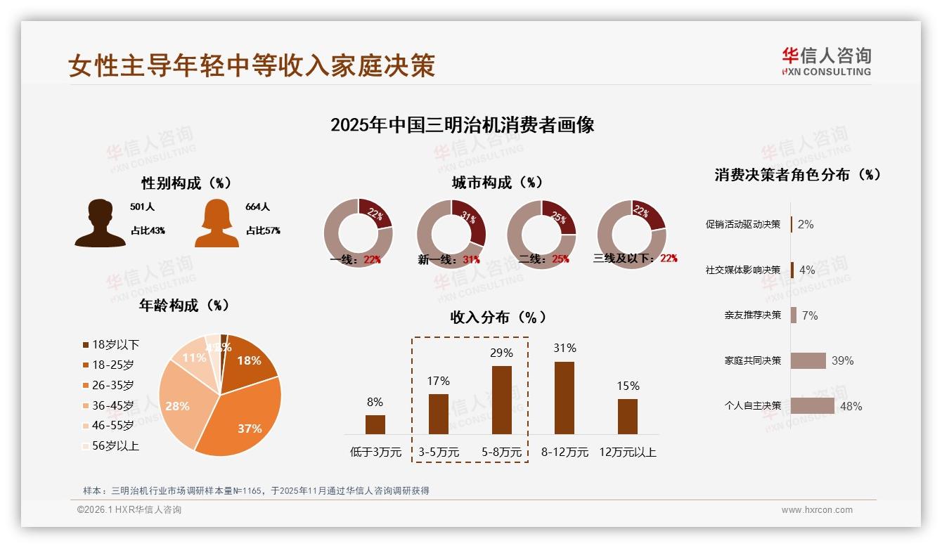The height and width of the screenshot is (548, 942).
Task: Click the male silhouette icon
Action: (x=101, y=223)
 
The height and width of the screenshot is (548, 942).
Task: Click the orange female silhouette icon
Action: (x=217, y=223)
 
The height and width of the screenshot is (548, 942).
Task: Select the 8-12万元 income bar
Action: (x=564, y=398)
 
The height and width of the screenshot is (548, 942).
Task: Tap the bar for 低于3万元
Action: (x=375, y=424)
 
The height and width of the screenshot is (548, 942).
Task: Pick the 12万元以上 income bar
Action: (x=627, y=416)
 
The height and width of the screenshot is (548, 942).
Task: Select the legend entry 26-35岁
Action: (x=112, y=385)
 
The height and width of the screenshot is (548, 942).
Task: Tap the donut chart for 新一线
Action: (x=451, y=233)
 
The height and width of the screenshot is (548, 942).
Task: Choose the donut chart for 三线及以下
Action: (x=631, y=233)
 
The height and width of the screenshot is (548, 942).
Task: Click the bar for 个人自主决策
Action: (x=812, y=406)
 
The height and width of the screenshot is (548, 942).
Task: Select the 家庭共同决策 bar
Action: (x=808, y=360)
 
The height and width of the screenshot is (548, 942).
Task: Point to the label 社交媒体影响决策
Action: (x=743, y=270)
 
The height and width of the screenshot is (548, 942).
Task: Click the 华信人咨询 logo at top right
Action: (x=826, y=61)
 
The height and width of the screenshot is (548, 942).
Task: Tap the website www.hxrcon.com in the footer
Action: (x=817, y=510)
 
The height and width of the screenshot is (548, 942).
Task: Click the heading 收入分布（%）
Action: (x=498, y=317)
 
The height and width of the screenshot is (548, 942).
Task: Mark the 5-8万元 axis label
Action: (x=502, y=452)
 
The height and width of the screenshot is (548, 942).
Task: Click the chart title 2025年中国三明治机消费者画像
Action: (x=462, y=125)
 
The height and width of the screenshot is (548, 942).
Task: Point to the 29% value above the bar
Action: (x=501, y=353)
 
